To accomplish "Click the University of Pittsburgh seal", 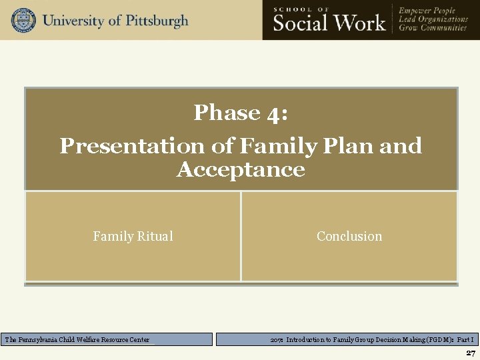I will click(x=23, y=20).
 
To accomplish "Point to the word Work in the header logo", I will click(x=360, y=23).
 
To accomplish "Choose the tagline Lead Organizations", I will click(x=433, y=19).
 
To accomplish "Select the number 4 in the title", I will click(x=276, y=113).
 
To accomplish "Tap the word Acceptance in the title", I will click(x=241, y=169).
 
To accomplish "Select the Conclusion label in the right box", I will click(x=349, y=236).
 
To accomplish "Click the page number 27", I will click(x=470, y=353).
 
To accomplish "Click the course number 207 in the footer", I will click(x=277, y=340).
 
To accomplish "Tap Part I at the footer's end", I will click(x=465, y=340).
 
